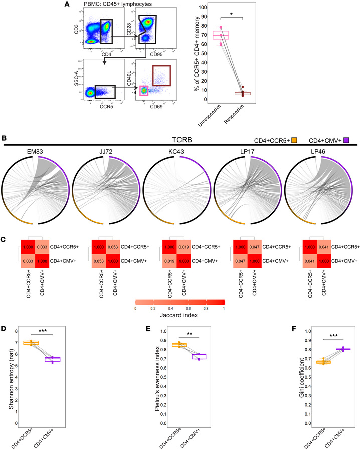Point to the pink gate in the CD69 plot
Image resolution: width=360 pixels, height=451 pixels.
[x=144, y=90]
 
